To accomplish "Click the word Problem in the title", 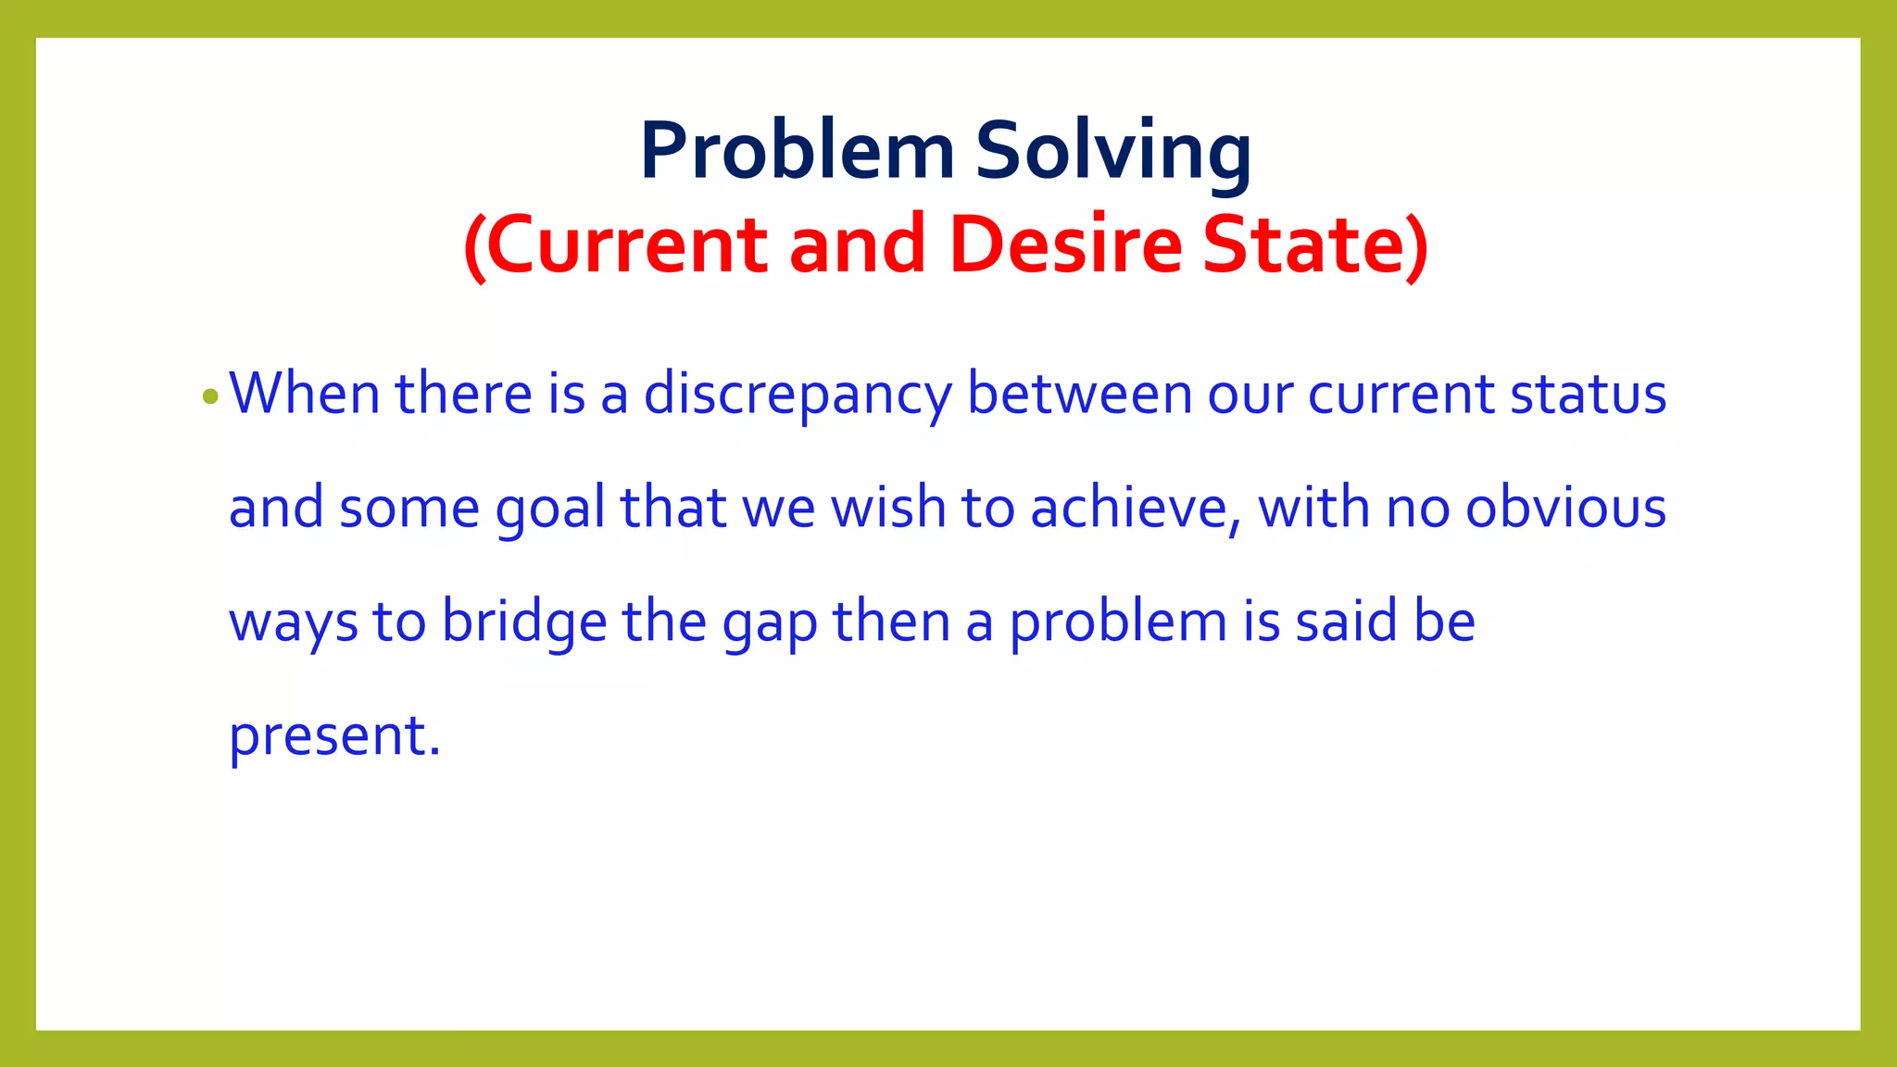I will point(797,151).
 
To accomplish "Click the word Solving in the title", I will point(1113,151).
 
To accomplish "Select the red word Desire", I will point(1066,245).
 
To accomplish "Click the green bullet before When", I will point(210,397).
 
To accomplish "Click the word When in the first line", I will point(305,393).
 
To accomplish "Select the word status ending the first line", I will point(1589,394).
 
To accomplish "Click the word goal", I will point(550,510).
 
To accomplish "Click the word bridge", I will point(524,622).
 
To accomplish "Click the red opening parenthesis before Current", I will point(474,246).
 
